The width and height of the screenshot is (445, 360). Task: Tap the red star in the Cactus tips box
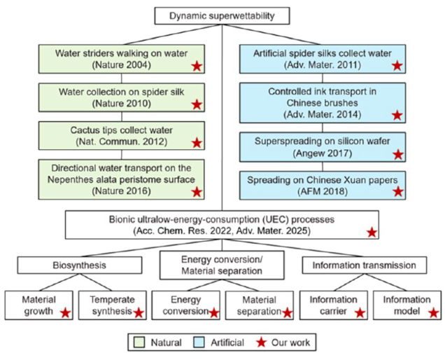197,145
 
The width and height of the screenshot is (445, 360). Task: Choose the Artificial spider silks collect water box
323,57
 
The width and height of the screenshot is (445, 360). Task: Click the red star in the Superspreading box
397,154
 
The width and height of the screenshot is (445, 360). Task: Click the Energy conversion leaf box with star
185,306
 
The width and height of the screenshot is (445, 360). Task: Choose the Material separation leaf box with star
258,306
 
